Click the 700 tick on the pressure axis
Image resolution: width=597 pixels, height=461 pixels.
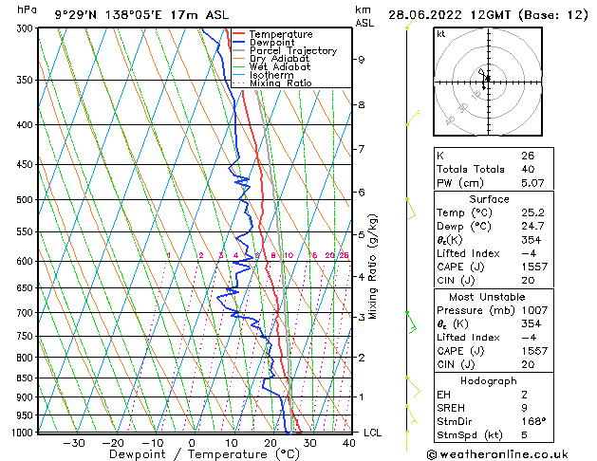coord(21,312)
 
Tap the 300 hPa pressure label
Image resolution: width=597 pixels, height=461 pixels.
coord(21,28)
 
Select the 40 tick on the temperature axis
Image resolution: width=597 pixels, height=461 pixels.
coord(348,442)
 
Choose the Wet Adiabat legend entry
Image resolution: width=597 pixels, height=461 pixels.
coord(281,66)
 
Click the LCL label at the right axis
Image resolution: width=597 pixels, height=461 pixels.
coord(373,433)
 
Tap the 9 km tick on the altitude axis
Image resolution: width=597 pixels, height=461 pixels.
coord(362,59)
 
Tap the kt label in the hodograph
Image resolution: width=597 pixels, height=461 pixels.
coord(441,34)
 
